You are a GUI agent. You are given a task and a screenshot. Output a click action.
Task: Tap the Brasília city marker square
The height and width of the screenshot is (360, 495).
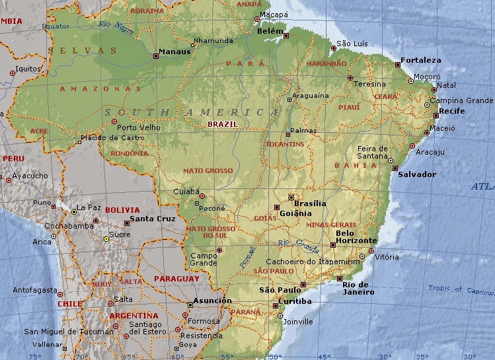click(291, 197)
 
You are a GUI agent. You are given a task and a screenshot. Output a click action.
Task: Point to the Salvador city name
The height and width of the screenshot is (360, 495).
click(416, 174)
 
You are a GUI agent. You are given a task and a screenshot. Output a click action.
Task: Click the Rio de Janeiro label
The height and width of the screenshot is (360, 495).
click(358, 288)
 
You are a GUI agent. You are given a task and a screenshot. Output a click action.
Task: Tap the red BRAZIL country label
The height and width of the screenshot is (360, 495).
click(222, 124)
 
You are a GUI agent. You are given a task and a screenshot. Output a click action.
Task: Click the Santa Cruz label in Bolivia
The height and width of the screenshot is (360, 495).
click(153, 219)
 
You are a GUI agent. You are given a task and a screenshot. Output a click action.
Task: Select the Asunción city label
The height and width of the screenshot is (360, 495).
click(212, 301)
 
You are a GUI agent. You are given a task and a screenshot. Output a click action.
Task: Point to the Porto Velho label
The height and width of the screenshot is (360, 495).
click(139, 127)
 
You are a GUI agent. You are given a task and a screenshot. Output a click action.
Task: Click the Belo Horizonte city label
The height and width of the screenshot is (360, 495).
click(356, 236)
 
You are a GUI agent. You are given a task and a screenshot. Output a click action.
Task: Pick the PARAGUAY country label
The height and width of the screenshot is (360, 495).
click(176, 279)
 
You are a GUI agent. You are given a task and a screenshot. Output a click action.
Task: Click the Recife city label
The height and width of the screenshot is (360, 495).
click(452, 111)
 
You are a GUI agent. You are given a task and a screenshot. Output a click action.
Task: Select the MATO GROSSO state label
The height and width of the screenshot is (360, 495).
click(208, 171)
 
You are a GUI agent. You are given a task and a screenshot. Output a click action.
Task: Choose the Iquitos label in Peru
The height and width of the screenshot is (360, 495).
click(30, 68)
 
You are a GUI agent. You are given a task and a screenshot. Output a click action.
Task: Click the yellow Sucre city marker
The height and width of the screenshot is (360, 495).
click(106, 239)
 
